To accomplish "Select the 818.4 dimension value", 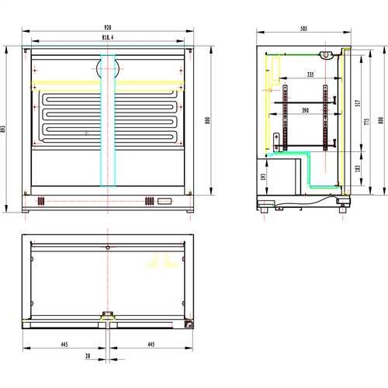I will [108, 36].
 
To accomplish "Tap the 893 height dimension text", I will [5, 129].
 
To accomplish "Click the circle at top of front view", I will [108, 68].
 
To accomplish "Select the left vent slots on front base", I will [40, 202].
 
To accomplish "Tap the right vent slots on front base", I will [148, 202].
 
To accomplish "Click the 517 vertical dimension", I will [357, 102].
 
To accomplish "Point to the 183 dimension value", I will [357, 168].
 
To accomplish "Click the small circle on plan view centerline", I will [108, 247].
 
